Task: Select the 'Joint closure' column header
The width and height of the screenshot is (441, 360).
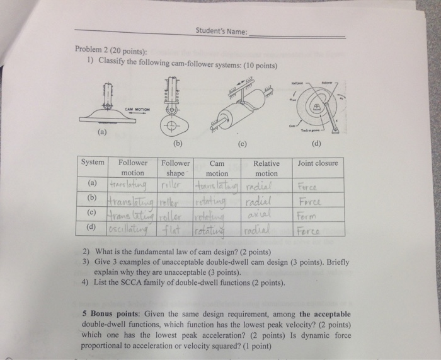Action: (x=318, y=163)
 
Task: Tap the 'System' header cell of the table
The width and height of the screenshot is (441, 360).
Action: (x=93, y=163)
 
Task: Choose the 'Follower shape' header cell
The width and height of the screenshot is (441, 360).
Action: (x=176, y=168)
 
